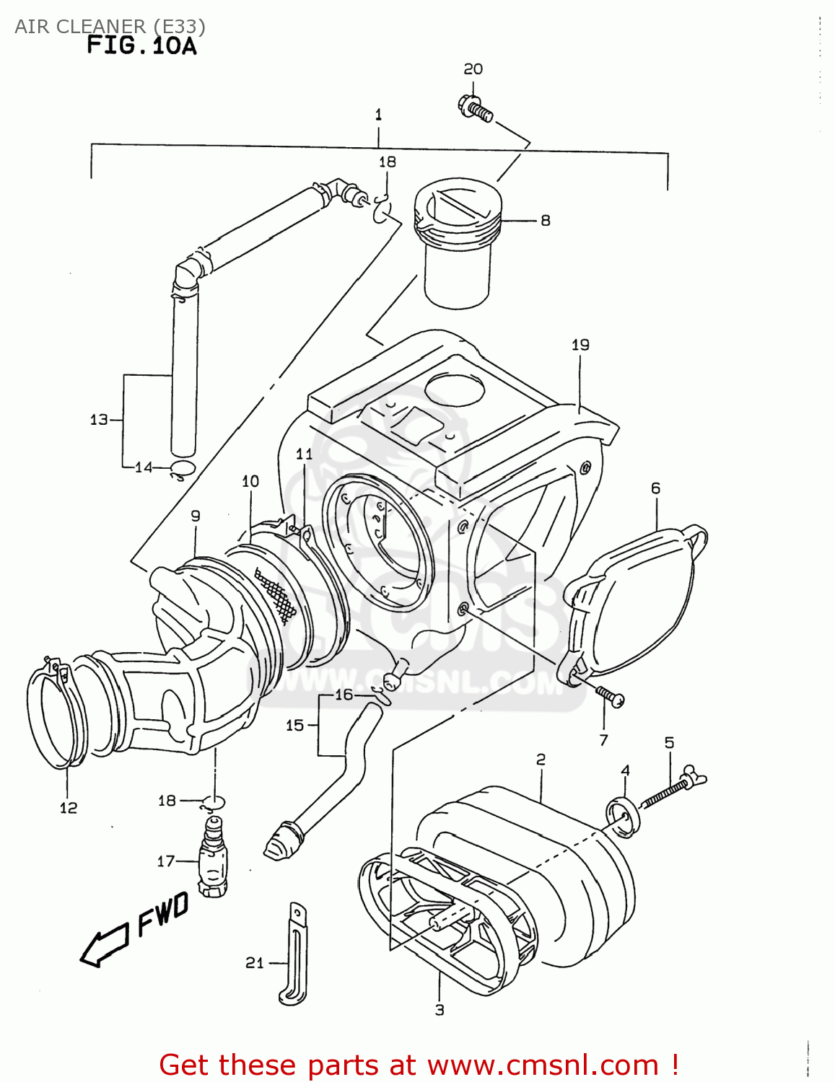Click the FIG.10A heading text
(x=141, y=45)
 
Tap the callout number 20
(x=473, y=69)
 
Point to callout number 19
(x=580, y=345)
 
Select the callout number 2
(x=541, y=759)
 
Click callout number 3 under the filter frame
(x=440, y=1010)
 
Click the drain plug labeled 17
(x=212, y=858)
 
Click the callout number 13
(x=99, y=419)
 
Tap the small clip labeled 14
(x=181, y=470)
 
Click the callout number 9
(x=196, y=516)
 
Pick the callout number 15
(x=294, y=725)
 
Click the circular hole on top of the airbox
(x=454, y=390)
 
